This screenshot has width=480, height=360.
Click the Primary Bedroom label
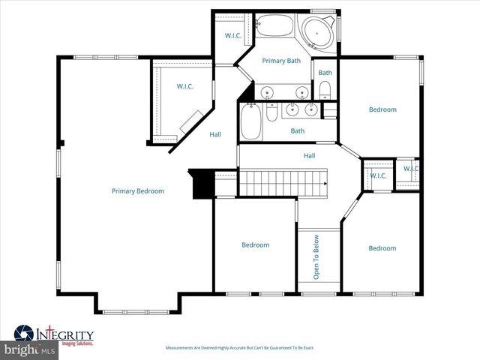click(x=137, y=191)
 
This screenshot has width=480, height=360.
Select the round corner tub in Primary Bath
click(x=319, y=34)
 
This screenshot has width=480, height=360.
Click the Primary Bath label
click(x=280, y=61)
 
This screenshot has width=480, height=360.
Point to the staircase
click(x=283, y=181)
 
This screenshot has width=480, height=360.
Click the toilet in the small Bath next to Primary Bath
click(x=325, y=91)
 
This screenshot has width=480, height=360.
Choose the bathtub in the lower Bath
click(x=251, y=122)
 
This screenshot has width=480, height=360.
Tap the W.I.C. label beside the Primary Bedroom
click(x=185, y=87)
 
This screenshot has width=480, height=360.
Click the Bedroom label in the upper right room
click(x=382, y=110)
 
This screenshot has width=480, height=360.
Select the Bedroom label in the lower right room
click(x=382, y=248)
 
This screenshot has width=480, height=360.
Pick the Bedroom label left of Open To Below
click(x=255, y=245)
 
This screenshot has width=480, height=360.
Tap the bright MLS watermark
click(x=30, y=350)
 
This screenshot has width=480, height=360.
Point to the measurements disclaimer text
click(x=240, y=348)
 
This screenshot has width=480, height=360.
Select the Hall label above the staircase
click(x=309, y=156)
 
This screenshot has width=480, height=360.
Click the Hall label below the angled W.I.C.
click(x=215, y=135)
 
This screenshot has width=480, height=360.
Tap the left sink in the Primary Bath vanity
click(x=268, y=94)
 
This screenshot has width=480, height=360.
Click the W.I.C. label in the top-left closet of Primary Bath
click(x=232, y=36)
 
